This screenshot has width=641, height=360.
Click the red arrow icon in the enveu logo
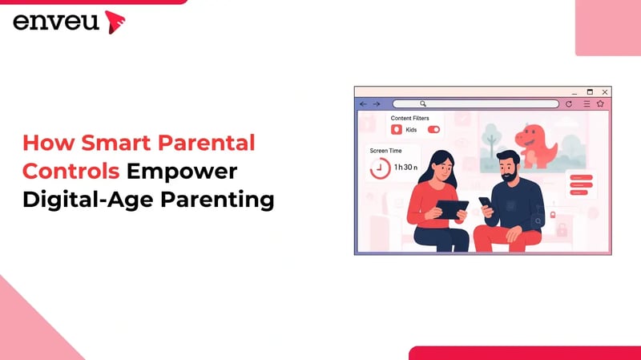pos(115,22)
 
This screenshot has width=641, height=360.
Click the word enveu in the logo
pos(56,22)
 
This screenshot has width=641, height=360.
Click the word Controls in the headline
pos(72,172)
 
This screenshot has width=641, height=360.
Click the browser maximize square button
pos(590,92)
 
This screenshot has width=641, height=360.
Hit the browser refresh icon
pos(569,104)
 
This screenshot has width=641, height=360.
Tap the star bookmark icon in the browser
pos(600,104)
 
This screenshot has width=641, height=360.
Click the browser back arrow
pos(363,104)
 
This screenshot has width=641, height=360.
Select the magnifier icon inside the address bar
pos(423,104)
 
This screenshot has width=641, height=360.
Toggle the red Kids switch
pos(433,129)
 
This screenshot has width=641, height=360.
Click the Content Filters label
pos(409,118)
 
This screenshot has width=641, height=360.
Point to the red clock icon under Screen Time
pos(380,168)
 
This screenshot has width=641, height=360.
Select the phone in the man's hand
pos(486,203)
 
